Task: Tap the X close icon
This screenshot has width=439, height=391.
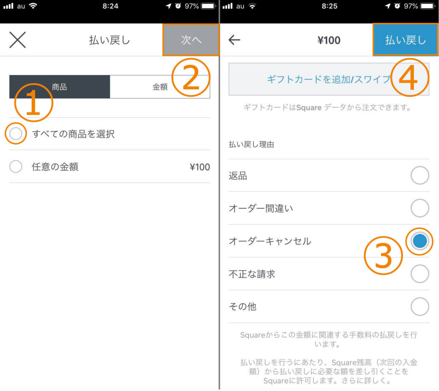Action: click(18, 40)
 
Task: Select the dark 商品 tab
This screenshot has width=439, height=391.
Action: click(60, 87)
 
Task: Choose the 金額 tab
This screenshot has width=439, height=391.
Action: click(160, 87)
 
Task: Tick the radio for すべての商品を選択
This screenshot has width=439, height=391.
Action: click(15, 134)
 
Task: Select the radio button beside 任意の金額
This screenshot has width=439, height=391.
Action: click(15, 167)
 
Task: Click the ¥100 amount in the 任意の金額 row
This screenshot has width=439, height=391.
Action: click(199, 167)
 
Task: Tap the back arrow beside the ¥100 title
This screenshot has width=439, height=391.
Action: click(235, 40)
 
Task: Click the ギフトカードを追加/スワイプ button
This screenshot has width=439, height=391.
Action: click(329, 79)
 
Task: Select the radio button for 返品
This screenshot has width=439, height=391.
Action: click(420, 176)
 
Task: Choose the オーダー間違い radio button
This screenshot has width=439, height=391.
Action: click(420, 209)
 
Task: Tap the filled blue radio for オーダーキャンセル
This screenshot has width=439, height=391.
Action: click(420, 241)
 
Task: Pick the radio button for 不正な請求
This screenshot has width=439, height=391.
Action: click(420, 274)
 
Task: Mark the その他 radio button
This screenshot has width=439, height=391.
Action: click(420, 306)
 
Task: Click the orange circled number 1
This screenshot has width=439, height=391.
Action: click(34, 103)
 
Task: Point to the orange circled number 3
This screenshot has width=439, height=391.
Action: click(383, 257)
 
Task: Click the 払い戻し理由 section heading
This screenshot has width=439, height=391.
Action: click(252, 145)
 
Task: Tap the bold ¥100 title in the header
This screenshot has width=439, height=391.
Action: click(329, 40)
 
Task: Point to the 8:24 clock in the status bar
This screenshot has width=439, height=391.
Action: click(110, 6)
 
